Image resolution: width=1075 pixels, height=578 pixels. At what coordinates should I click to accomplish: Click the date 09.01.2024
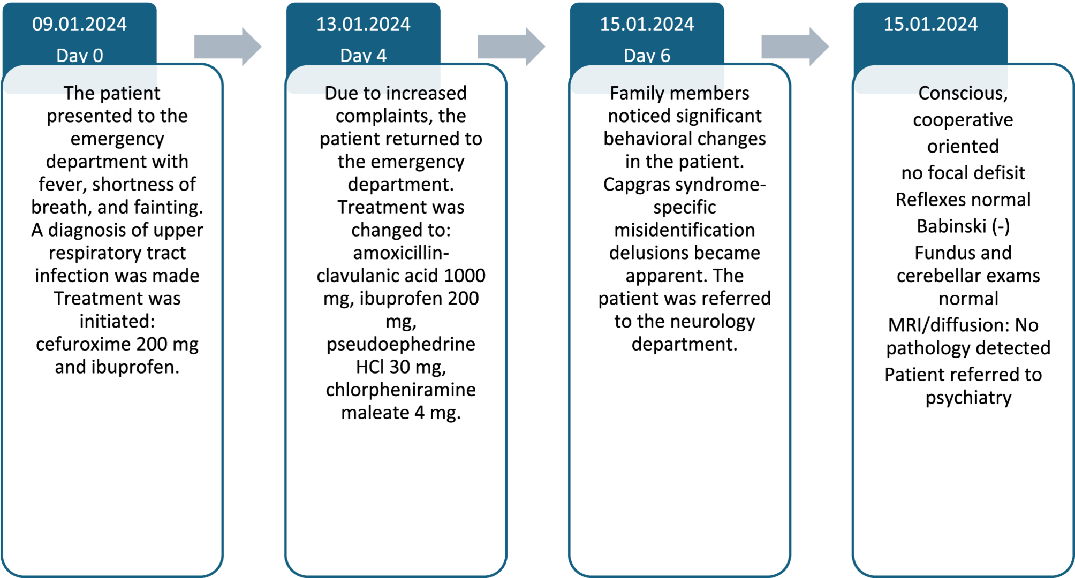coord(79,24)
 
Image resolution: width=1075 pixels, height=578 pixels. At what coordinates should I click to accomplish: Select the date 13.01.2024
coord(363,24)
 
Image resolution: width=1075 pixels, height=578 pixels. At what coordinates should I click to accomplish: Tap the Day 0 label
coord(80,56)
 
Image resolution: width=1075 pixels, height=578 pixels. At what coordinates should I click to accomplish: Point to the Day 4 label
coord(364,56)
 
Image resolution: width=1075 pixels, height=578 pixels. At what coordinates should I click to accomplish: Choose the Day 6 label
coord(647,56)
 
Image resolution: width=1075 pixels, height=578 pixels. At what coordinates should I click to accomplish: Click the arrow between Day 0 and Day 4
coord(228,47)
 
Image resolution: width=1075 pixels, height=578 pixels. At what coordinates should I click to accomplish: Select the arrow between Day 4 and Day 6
coord(511,47)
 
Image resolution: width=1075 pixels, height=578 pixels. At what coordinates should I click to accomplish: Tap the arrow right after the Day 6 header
coord(795,47)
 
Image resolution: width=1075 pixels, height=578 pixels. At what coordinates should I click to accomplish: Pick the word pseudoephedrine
coord(401,345)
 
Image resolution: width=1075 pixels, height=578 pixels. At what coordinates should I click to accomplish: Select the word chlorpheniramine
coord(401,390)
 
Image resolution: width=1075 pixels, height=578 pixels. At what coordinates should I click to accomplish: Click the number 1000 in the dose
coord(465,276)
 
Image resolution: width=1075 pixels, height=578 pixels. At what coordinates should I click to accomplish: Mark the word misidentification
coord(685,230)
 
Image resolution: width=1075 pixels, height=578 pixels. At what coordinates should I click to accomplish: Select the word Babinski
coord(951,226)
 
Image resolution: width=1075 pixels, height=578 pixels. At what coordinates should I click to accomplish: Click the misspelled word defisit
coord(998,173)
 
